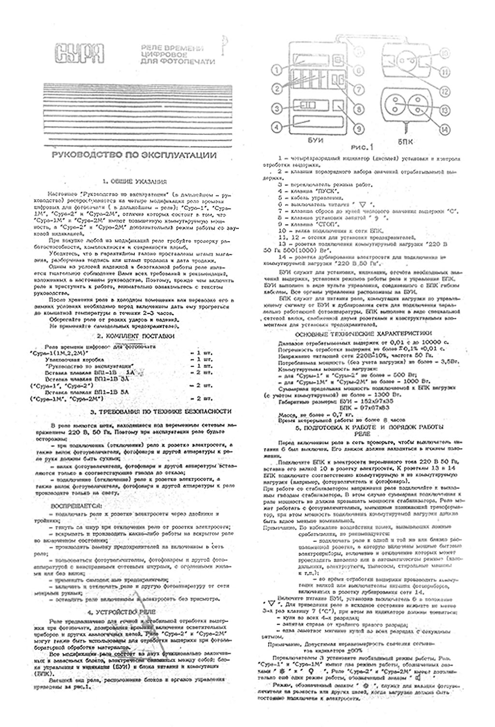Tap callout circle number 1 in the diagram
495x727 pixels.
[x=276, y=70]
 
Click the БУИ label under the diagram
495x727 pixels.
[x=315, y=140]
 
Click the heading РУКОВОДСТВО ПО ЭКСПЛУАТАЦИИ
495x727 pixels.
[x=134, y=156]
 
